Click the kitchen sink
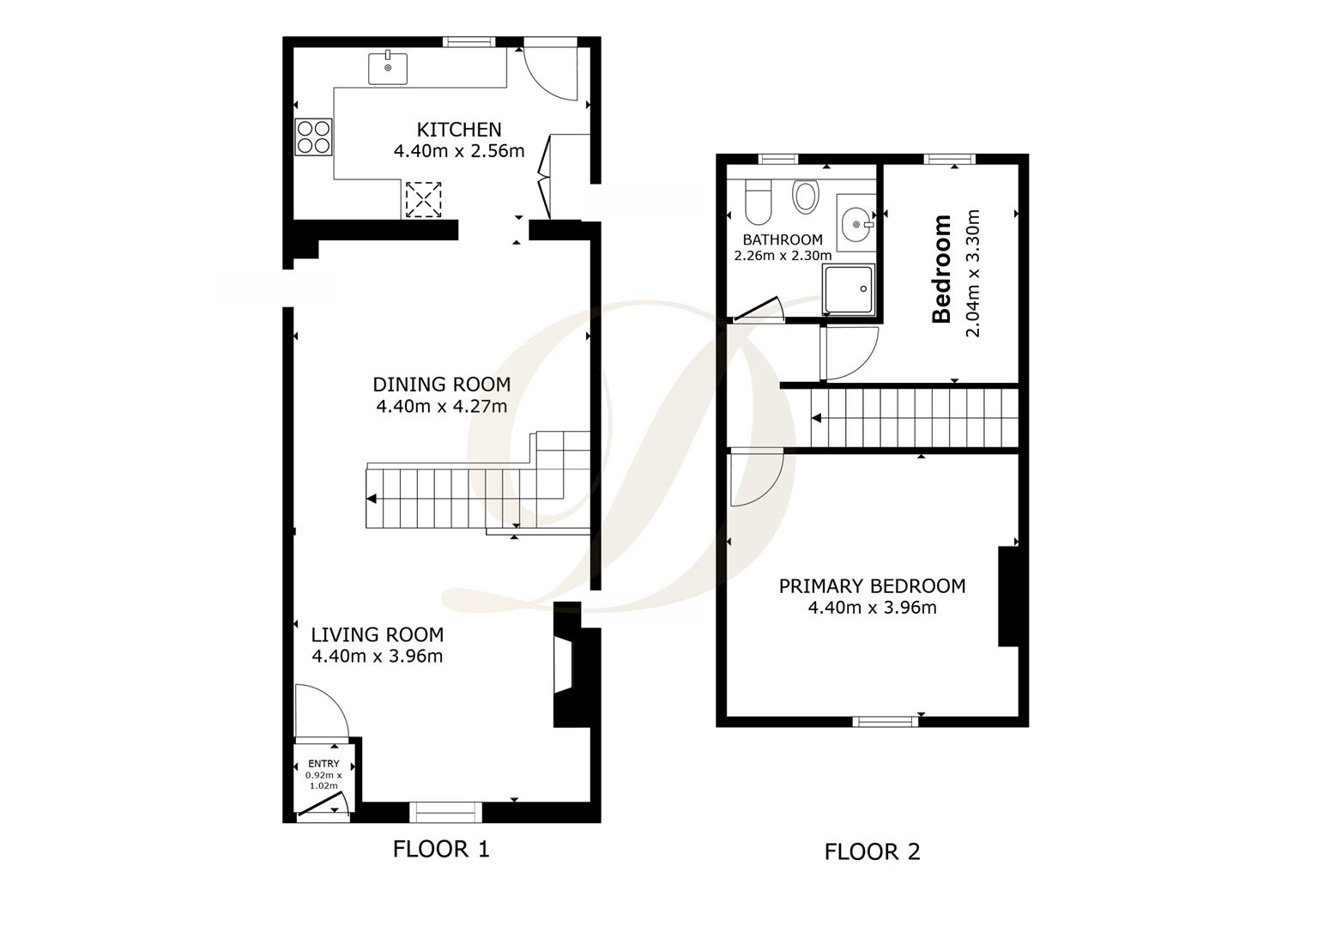(388, 69)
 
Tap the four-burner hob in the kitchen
(313, 137)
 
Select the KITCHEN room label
(459, 130)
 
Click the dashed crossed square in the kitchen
(423, 200)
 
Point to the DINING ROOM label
(442, 385)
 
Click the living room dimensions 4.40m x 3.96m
(377, 657)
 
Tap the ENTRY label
(323, 764)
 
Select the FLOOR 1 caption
(441, 850)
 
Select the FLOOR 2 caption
(873, 852)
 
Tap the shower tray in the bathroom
(849, 289)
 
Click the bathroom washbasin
(856, 224)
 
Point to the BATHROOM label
(783, 240)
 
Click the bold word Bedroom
(941, 269)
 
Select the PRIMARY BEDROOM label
(873, 586)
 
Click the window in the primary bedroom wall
(886, 721)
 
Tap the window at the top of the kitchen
(469, 41)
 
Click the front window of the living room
(445, 812)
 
